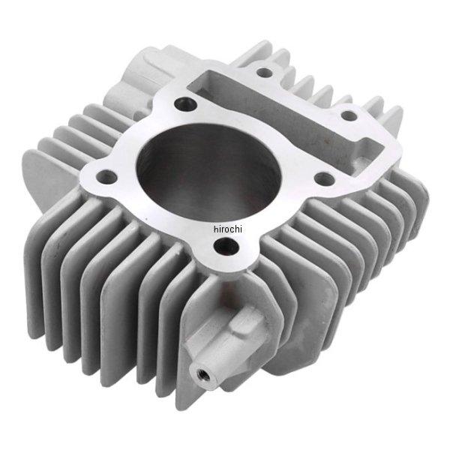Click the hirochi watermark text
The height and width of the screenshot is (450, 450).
(228, 229)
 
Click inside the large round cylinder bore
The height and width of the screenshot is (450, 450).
(208, 173)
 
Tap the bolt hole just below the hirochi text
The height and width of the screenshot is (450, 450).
(226, 246)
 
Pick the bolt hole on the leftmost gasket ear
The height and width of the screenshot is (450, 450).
(107, 176)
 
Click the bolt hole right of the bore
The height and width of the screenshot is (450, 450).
(325, 178)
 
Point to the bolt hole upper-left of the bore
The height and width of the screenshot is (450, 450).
(185, 103)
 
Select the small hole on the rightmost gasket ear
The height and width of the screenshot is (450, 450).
(349, 115)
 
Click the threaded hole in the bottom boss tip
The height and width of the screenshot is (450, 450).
(199, 373)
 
